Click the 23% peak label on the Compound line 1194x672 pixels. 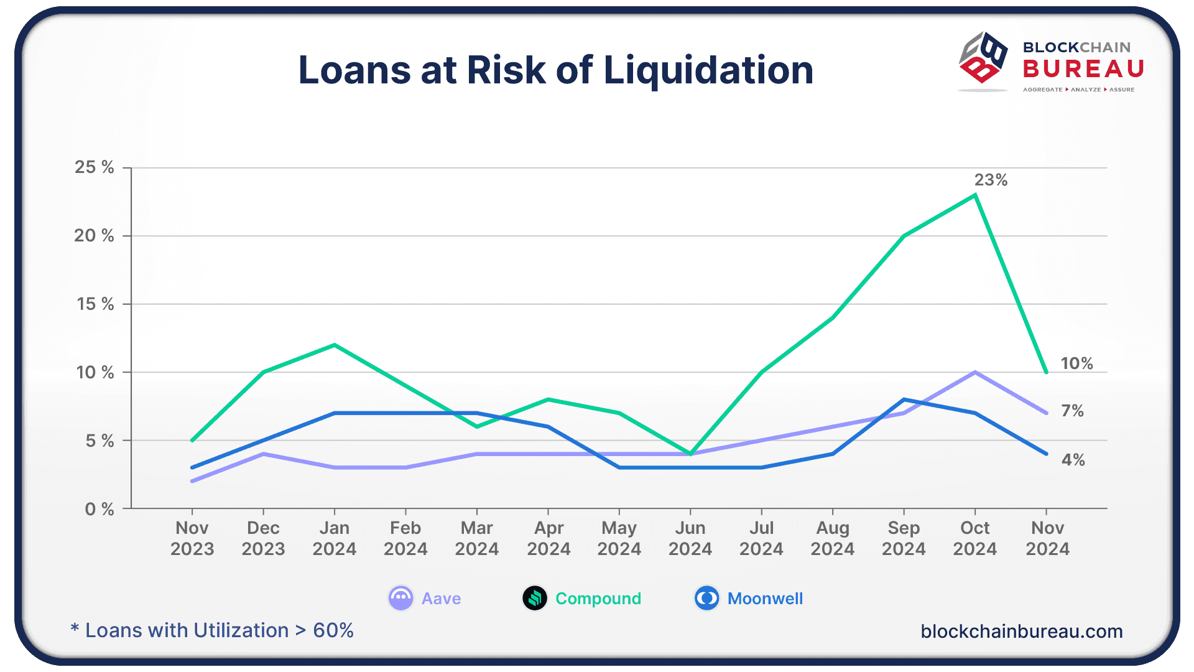coord(991,180)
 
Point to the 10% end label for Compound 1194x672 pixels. coord(1076,363)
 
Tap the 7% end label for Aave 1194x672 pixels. coord(1072,411)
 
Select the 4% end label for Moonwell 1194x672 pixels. coord(1073,460)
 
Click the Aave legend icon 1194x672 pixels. coord(400,599)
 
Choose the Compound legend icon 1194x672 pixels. coord(535,599)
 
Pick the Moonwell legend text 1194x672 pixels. coord(765,599)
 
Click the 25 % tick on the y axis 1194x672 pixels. coord(95,167)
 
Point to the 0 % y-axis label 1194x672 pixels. coord(99,510)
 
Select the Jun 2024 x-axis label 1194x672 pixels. coord(690,538)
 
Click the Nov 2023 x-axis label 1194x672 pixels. coord(192,538)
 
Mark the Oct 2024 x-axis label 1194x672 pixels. coord(974,538)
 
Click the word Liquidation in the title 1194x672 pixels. coord(708,70)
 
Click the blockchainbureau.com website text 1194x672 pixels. coord(1021,632)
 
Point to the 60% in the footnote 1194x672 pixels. coord(333,630)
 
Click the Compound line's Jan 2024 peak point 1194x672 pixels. coord(335,345)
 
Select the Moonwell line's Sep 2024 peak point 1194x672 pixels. coord(904,399)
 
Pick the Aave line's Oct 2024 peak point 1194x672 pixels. coord(975,372)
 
